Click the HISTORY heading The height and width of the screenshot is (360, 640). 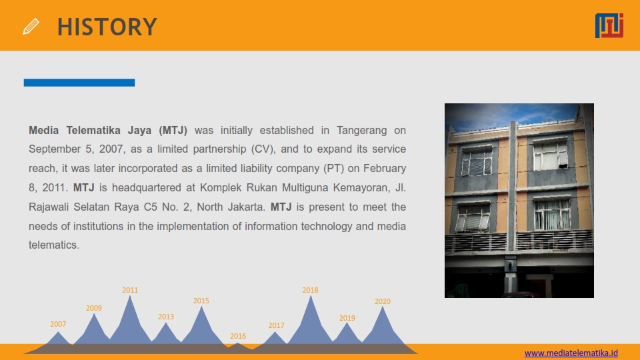107,27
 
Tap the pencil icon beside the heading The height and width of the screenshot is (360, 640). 31,27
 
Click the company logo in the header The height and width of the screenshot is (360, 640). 609,25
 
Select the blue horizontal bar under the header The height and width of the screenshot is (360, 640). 79,83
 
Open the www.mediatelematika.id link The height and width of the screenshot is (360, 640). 571,353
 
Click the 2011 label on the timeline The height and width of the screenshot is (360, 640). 130,290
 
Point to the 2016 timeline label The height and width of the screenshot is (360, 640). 238,336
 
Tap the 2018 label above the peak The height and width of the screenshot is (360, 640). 310,290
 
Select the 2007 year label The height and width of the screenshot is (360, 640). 58,324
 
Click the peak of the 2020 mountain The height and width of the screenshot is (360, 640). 383,307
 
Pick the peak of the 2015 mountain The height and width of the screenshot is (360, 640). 201,307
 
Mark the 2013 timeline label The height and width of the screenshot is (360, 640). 166,317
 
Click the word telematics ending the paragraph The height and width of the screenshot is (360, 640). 53,245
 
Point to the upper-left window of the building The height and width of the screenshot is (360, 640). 476,161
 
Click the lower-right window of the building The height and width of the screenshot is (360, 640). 552,214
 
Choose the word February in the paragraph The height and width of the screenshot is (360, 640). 385,169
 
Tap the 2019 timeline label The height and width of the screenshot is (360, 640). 347,318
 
